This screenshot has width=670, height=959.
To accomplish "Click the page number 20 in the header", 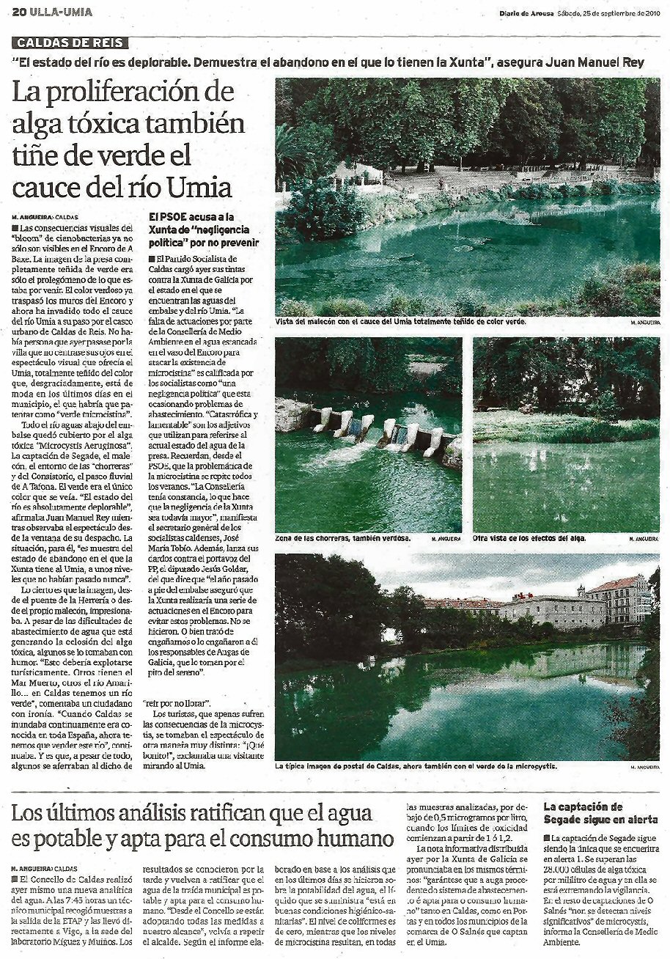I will tap(20, 12).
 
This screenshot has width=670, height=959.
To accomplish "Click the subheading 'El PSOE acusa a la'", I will tap(191, 217).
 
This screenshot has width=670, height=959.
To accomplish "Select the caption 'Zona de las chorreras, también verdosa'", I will tap(343, 538).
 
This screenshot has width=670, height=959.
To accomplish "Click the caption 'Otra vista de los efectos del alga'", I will tap(529, 538).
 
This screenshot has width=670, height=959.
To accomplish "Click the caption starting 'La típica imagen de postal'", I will tap(416, 766).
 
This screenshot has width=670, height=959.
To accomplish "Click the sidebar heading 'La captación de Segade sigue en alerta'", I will tap(600, 813).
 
